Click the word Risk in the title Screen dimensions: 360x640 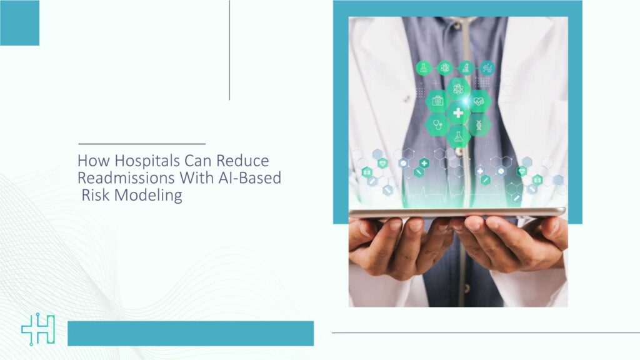[97, 196]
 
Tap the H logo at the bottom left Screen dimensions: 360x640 [38, 330]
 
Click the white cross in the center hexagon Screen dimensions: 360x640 [458, 112]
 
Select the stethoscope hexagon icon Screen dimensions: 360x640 [437, 124]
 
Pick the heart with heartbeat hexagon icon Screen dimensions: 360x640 [479, 100]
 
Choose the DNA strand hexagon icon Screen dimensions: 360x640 [479, 124]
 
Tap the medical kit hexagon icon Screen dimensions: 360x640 [437, 100]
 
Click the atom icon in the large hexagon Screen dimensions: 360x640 [458, 88]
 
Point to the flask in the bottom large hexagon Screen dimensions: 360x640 [458, 136]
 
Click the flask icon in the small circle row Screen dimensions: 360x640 [424, 67]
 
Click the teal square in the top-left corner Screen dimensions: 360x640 [19, 22]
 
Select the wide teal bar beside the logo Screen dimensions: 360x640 [190, 333]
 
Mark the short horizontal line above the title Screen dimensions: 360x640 [141, 144]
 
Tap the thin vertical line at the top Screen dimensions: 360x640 [229, 50]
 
